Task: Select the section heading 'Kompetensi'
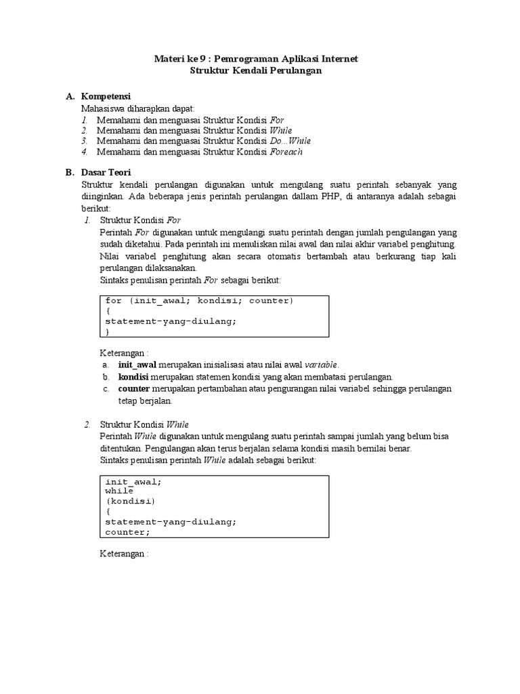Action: [106, 96]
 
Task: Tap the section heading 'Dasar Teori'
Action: [106, 173]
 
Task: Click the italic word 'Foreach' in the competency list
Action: [286, 152]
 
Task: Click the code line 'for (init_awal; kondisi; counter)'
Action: [200, 300]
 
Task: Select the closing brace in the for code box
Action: [108, 331]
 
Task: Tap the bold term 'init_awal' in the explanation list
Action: [137, 365]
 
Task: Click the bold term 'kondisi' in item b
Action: [133, 377]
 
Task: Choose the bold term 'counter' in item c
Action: [134, 388]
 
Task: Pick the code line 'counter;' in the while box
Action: [128, 533]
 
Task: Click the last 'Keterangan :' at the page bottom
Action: [124, 554]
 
